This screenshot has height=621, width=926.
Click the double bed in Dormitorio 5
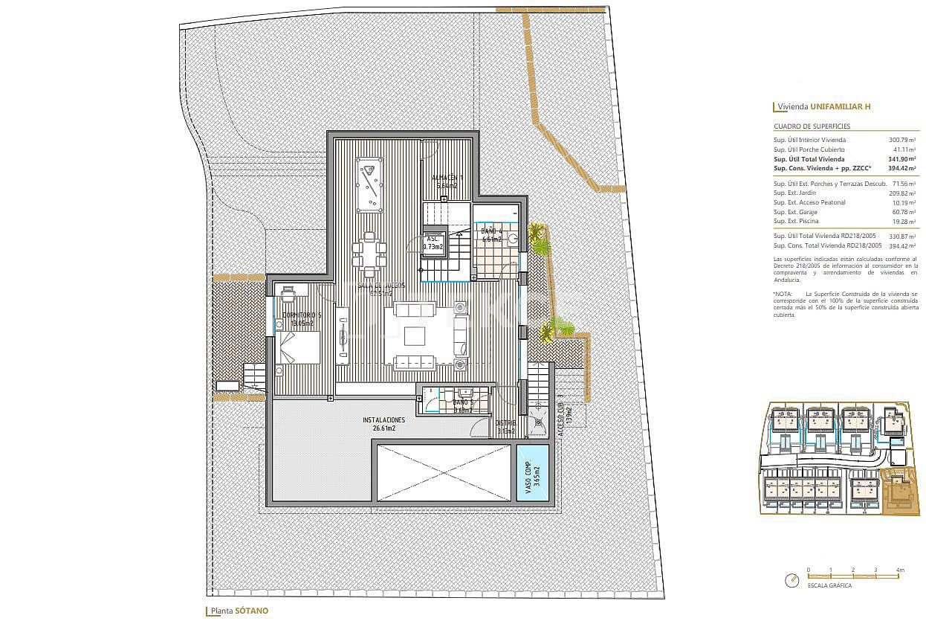click(298, 348)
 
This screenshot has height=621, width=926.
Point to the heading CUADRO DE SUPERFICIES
click(812, 126)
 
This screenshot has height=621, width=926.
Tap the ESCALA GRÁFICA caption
click(830, 585)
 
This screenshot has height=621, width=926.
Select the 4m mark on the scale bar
click(900, 570)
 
